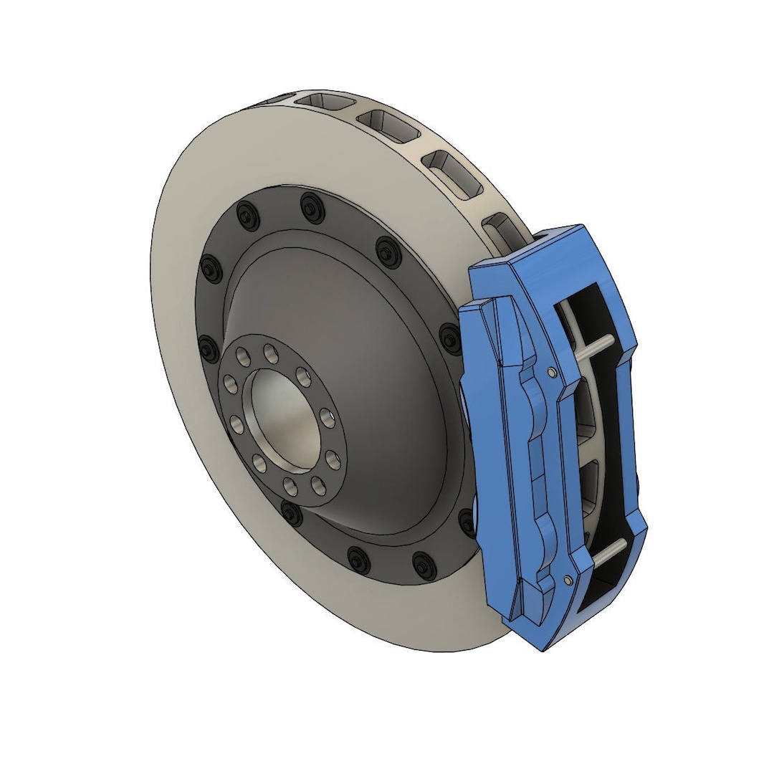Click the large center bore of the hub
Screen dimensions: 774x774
[281, 416]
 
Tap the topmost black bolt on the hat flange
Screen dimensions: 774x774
[310, 208]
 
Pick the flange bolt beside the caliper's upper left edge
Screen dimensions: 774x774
[449, 338]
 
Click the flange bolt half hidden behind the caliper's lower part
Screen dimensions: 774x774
[467, 522]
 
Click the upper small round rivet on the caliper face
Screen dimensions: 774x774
[550, 371]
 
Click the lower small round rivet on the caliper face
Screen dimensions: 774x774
[568, 578]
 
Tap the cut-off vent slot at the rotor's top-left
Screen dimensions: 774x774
[316, 98]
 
